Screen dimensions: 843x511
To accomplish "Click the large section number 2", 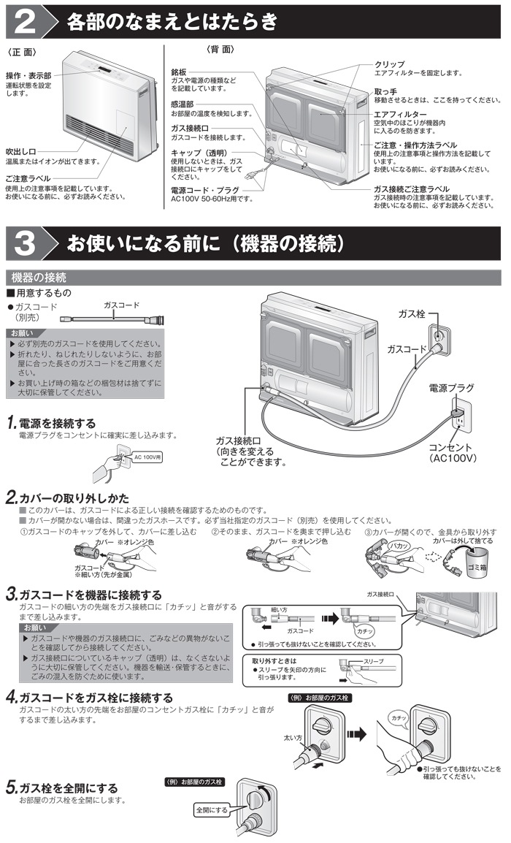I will tap(24, 22).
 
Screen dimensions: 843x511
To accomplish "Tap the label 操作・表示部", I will tap(28, 76).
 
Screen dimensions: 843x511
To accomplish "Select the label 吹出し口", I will tap(20, 151).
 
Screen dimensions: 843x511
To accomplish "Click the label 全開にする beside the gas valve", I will tap(211, 810).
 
